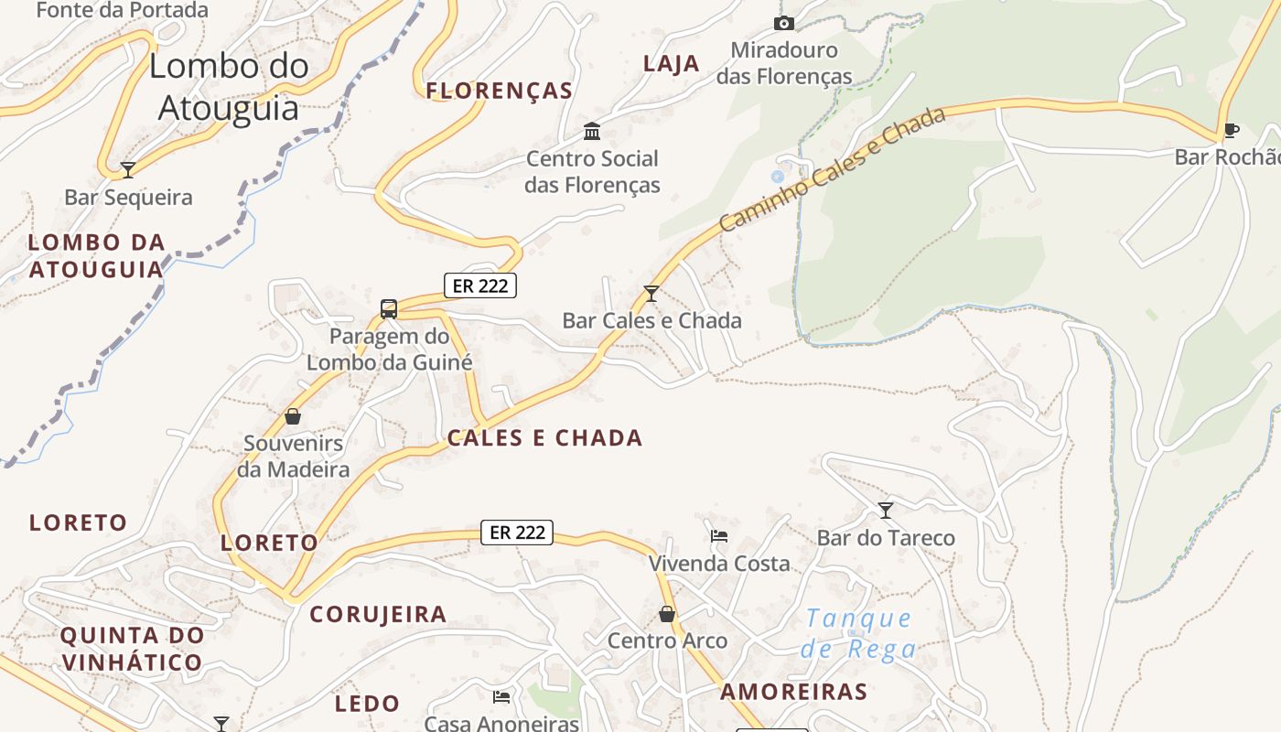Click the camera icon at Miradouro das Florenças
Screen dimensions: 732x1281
(784, 23)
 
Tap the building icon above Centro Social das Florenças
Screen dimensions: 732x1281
(592, 132)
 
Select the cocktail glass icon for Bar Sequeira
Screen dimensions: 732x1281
(128, 169)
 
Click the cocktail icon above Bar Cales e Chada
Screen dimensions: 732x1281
(651, 293)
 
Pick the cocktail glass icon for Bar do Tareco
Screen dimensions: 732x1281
(886, 510)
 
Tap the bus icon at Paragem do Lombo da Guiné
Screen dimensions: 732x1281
(389, 308)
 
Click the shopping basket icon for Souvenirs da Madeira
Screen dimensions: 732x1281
(293, 416)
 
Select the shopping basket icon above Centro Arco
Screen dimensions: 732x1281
(667, 613)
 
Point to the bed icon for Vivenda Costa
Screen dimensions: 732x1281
(719, 536)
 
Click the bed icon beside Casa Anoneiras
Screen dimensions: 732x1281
(501, 697)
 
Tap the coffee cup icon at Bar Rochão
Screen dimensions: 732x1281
(1231, 130)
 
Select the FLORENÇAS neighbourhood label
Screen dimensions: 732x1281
(500, 91)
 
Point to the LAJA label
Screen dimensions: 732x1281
(672, 63)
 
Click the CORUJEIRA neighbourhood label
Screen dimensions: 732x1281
(378, 614)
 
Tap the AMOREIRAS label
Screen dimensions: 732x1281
(793, 692)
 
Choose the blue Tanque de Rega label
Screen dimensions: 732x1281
(858, 633)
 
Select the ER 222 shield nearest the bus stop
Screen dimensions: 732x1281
(480, 285)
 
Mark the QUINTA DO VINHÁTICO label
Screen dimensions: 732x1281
(132, 649)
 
